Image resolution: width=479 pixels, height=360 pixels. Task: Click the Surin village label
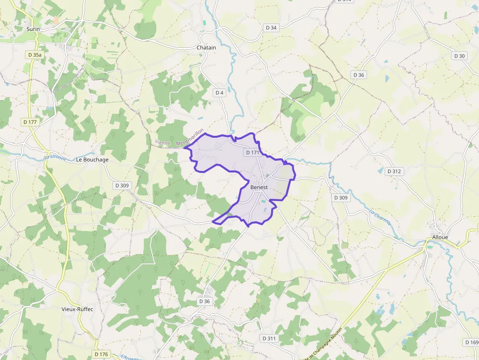coord(33,29)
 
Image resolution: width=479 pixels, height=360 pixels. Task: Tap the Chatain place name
coord(206,47)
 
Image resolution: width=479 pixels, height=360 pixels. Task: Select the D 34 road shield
coord(270,28)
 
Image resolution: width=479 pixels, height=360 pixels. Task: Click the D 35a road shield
coord(35,55)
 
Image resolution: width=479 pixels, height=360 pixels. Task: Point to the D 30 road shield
coord(459,56)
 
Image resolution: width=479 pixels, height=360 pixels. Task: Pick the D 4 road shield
coord(218,92)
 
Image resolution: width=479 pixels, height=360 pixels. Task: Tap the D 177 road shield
coord(30,122)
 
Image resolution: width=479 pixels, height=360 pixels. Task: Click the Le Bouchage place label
coord(92,160)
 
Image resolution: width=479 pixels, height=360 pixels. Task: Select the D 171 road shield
coord(252,152)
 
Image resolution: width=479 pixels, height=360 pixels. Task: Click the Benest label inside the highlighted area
coord(259,187)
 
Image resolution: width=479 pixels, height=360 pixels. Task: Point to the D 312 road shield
coord(393,171)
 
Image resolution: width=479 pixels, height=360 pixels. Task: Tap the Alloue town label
coord(440,237)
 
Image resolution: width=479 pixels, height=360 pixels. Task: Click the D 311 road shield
coord(269,338)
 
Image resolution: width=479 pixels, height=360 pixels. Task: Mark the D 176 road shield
coord(101,354)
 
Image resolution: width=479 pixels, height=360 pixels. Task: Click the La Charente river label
coord(380,217)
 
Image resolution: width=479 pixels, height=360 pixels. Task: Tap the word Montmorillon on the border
coord(190,137)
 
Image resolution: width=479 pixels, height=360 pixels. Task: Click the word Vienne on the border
coord(163,143)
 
